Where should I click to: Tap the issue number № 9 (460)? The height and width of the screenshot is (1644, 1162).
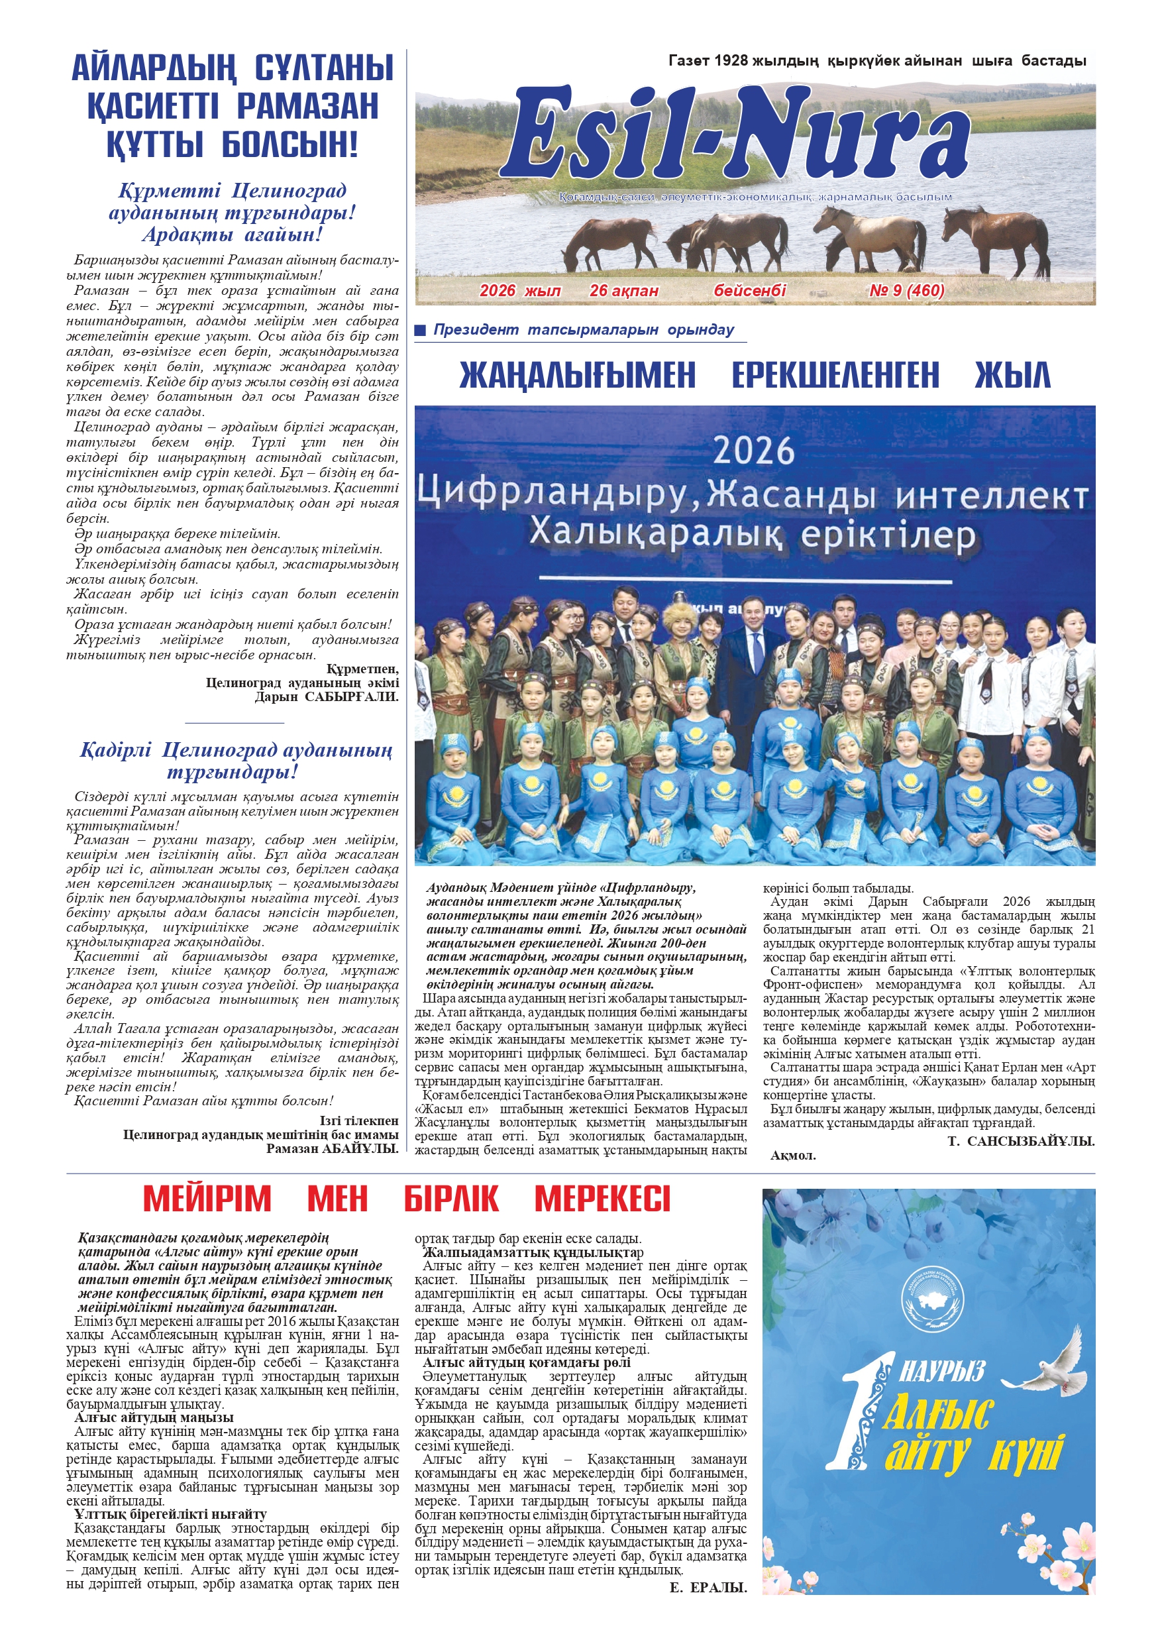(906, 291)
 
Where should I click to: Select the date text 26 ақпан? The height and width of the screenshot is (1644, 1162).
(623, 291)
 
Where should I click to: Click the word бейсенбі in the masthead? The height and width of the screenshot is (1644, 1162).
(750, 291)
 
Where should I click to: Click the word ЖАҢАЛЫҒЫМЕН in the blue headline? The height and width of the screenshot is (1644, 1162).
(577, 375)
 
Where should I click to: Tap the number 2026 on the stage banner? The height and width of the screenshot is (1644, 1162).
(754, 451)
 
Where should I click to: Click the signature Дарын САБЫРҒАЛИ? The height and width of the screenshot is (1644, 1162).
(327, 696)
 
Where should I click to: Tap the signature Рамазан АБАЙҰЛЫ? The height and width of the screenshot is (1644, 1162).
(332, 1148)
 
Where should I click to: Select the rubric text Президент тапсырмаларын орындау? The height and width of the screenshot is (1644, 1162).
(583, 330)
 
